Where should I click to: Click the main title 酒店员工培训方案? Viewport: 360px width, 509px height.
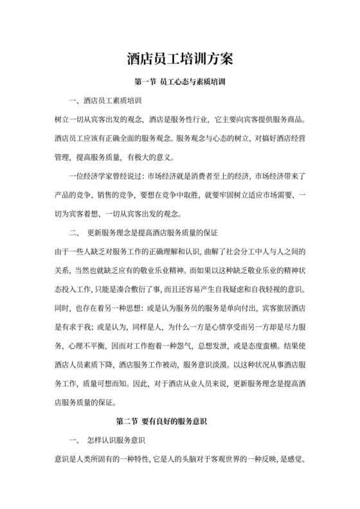coord(179,58)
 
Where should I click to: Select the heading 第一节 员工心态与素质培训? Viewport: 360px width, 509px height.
coord(179,83)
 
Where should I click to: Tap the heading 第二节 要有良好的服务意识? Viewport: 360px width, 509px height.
coord(179,422)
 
